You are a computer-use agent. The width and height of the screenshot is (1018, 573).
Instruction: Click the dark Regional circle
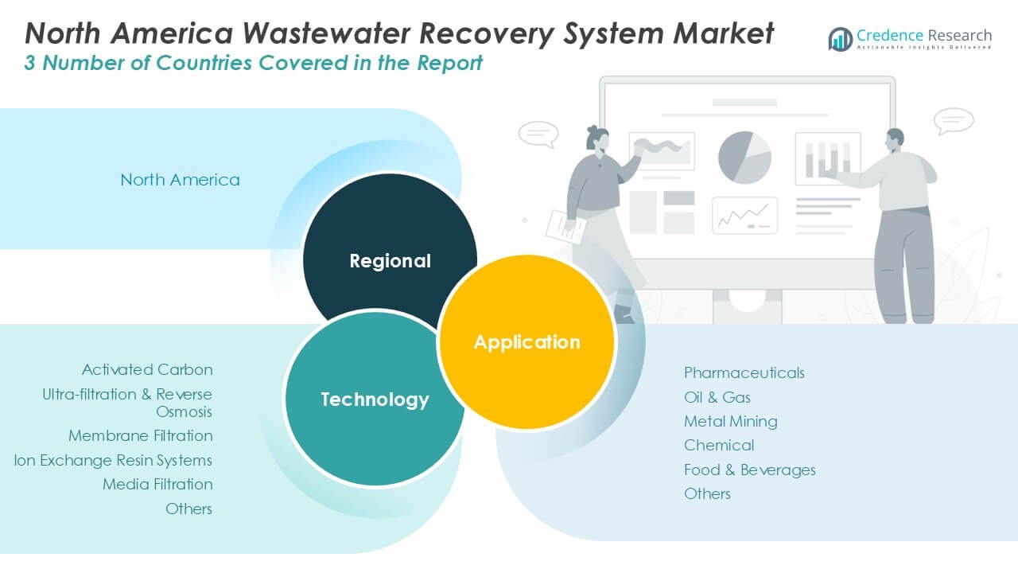coord(390,255)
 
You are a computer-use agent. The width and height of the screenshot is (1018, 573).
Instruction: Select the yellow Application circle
coord(527,342)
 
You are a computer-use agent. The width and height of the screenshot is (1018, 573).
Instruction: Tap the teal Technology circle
coord(374,399)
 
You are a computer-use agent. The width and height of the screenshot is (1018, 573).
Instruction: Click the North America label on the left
coord(180,180)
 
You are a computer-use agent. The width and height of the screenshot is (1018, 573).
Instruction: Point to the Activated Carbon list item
coord(147,370)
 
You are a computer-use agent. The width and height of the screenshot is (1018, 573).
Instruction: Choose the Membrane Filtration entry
coord(141,435)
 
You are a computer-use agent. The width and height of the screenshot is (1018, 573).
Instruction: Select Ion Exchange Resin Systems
coord(113,460)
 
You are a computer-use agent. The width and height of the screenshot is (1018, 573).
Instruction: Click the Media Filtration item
coord(157,485)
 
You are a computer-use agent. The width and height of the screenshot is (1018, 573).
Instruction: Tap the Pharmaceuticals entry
coord(744,373)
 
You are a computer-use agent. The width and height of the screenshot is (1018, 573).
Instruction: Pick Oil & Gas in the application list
coord(717,397)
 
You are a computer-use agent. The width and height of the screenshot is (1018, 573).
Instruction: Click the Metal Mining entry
coord(731,422)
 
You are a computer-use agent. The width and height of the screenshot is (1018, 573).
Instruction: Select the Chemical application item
coord(719,445)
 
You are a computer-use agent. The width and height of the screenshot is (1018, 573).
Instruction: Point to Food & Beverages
coord(750,470)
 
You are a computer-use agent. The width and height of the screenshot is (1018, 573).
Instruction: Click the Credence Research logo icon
coord(841,39)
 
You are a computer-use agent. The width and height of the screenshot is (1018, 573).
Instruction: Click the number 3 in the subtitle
coord(29,63)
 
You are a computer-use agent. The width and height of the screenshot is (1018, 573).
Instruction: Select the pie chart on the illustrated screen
coord(744,158)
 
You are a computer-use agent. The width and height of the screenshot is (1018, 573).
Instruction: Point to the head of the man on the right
coord(895,141)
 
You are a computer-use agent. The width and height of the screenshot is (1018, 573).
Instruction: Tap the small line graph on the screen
coord(745,216)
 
